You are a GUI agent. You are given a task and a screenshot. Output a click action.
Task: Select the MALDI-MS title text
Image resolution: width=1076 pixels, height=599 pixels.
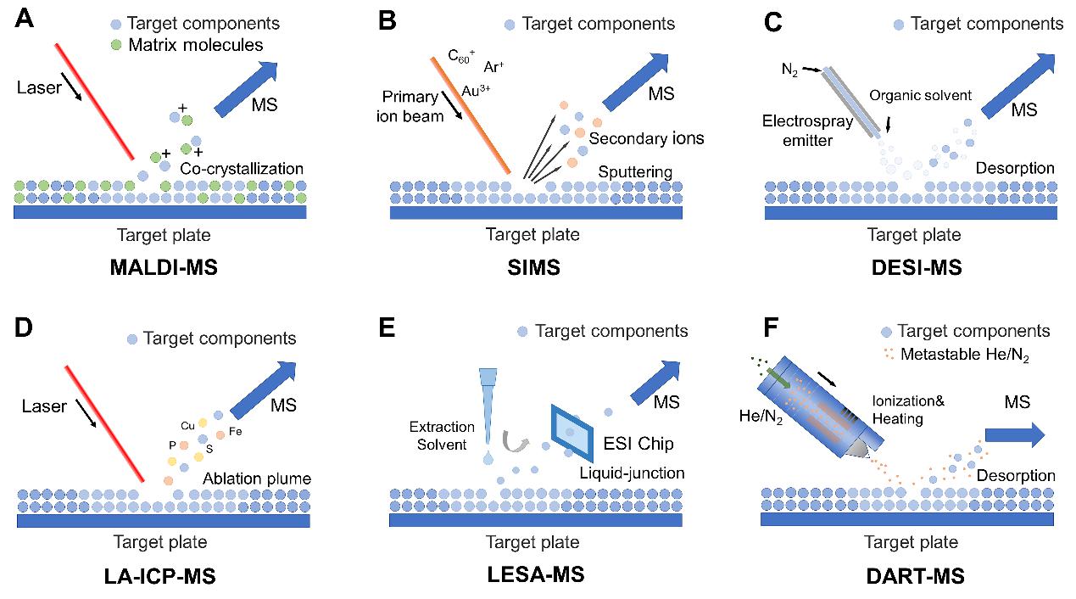point(163,268)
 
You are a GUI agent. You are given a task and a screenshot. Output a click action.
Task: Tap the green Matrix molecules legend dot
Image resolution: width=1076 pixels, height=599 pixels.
point(116,45)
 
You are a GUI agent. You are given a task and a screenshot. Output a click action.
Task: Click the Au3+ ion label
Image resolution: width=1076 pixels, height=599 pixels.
point(476,89)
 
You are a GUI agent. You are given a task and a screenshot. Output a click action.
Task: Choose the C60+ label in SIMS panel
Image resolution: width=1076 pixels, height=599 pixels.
point(462,56)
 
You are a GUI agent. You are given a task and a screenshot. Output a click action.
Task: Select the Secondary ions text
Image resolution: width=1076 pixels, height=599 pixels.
point(635,137)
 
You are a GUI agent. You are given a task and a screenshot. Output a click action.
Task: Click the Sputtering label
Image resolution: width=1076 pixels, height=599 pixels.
point(635,172)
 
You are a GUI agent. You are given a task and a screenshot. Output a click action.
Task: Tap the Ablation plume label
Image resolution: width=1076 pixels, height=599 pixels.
point(256,479)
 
